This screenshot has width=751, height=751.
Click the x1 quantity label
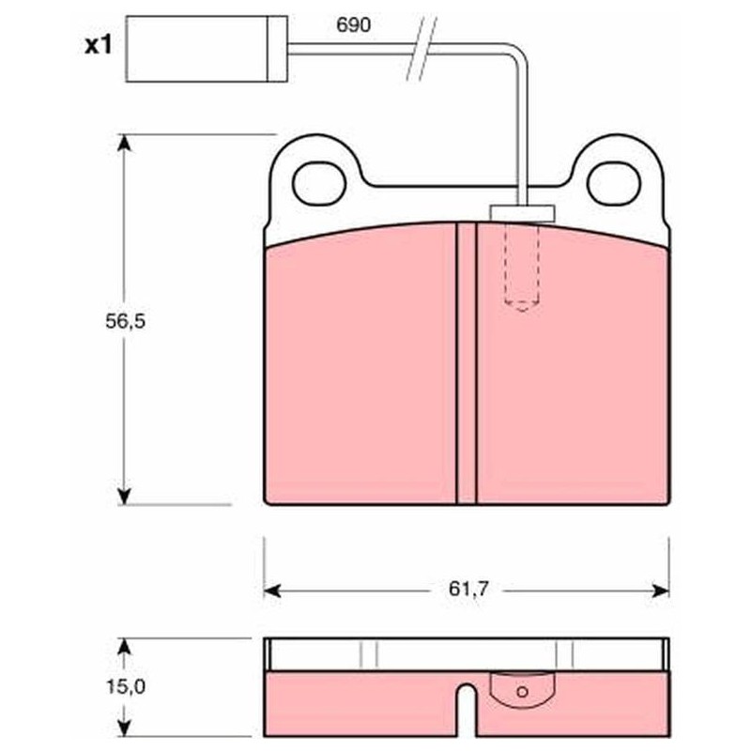tap(99, 45)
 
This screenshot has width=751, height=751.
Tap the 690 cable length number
tap(354, 25)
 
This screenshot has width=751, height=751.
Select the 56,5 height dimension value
tap(125, 321)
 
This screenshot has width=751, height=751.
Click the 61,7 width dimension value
tap(467, 589)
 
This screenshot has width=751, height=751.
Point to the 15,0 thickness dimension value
tap(125, 687)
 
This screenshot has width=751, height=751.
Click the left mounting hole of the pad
tap(319, 183)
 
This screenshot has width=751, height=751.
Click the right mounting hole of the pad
tap(614, 183)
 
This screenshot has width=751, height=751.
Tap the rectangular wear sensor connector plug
tap(207, 49)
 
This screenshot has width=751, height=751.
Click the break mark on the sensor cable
tap(421, 48)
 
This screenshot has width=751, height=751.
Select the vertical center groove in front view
tap(467, 363)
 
